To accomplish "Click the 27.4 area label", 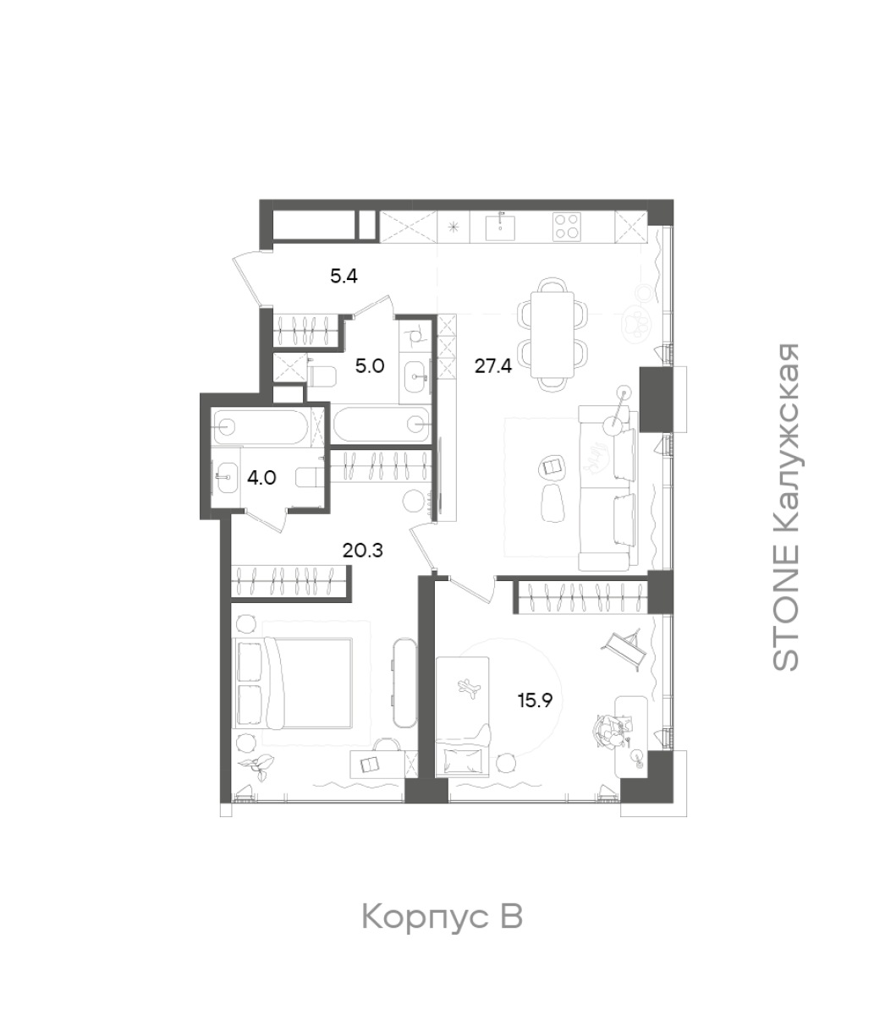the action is point(492,366).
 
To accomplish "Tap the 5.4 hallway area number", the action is point(344,276).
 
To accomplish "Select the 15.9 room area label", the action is point(535,700).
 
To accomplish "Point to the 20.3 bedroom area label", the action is point(363,551).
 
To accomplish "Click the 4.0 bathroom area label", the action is point(261,478).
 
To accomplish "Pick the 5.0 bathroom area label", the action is point(370,366).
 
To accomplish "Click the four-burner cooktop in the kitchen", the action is point(567,227).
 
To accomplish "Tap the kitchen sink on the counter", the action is point(499,227).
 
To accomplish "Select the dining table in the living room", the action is point(552,335).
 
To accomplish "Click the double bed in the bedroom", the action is point(293,684).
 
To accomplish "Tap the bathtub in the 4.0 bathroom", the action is point(262,426).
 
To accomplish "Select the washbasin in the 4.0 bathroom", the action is point(226,477).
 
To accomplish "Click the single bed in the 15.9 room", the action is point(463,716).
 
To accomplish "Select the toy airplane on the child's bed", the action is point(469,688).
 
